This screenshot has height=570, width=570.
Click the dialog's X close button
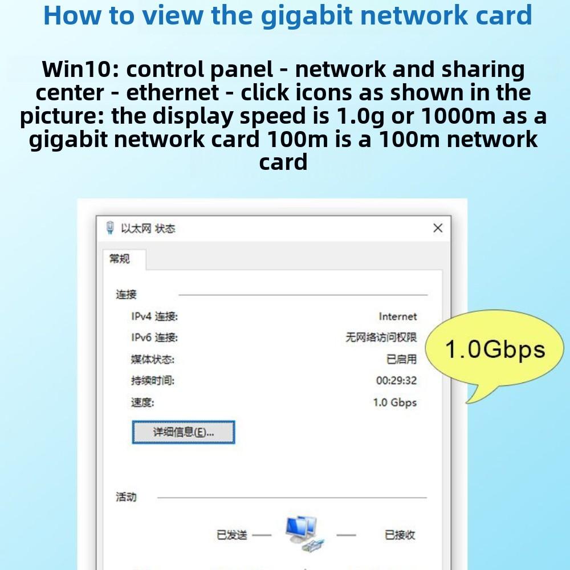[438, 228]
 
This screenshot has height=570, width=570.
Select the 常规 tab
[120, 259]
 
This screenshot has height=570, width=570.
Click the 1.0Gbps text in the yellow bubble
[495, 349]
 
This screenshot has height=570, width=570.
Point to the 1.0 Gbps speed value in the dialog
[395, 402]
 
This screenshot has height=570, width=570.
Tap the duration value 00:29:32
[396, 381]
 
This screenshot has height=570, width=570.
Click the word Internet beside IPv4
[398, 316]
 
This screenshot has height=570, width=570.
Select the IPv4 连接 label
[154, 317]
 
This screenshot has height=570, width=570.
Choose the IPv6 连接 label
[154, 338]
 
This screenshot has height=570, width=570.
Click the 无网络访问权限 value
[381, 337]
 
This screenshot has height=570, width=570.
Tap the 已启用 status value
[401, 359]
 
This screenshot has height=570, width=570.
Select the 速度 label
[142, 402]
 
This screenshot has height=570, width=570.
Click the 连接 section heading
[127, 295]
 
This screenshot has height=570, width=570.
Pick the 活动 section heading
[126, 497]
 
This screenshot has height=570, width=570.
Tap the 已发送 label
[232, 535]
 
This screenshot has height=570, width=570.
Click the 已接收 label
[400, 535]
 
